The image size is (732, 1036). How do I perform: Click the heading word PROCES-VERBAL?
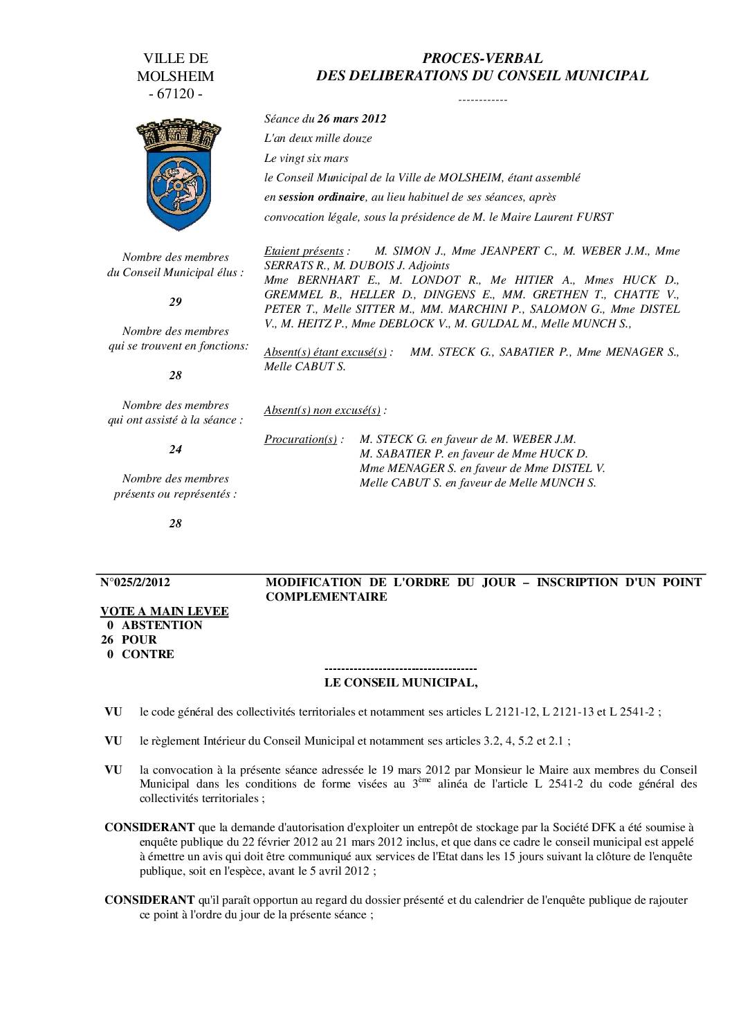click(482, 59)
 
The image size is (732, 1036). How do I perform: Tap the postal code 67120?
click(176, 93)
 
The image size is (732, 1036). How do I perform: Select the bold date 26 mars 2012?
click(351, 118)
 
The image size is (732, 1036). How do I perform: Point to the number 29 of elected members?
click(176, 302)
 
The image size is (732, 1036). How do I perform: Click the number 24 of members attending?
click(176, 449)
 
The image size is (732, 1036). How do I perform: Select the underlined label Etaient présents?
click(304, 251)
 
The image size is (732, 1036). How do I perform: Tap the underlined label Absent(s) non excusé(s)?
click(322, 410)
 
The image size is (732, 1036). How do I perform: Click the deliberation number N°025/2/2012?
click(136, 582)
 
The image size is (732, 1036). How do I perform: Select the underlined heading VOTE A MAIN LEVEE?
click(165, 611)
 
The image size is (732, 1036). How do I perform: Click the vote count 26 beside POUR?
click(108, 639)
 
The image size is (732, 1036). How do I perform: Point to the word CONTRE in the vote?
click(148, 654)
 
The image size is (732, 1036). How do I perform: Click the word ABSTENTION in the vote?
click(162, 625)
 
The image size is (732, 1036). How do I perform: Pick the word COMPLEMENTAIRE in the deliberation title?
click(327, 597)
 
